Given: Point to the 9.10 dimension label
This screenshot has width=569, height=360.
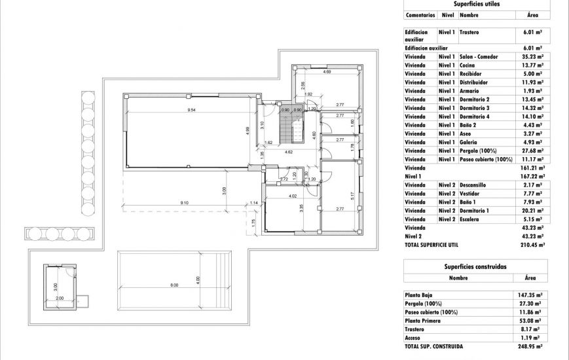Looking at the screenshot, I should pos(185,203).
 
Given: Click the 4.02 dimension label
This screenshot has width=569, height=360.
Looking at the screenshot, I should pos(293,196).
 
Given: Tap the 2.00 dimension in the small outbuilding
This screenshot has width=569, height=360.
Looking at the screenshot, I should pos(60,298).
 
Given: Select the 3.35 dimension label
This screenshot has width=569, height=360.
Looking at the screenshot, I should pos(301,209).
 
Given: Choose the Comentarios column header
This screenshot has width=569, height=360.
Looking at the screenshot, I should pos(420,14).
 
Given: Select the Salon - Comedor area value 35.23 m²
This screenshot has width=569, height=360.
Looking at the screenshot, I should pos(533,57).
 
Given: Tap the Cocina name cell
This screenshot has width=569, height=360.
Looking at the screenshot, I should pos(469,65).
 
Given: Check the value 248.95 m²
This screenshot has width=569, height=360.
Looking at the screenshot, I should pos(530,346).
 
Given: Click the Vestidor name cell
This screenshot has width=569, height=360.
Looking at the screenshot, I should pos(471,194).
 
